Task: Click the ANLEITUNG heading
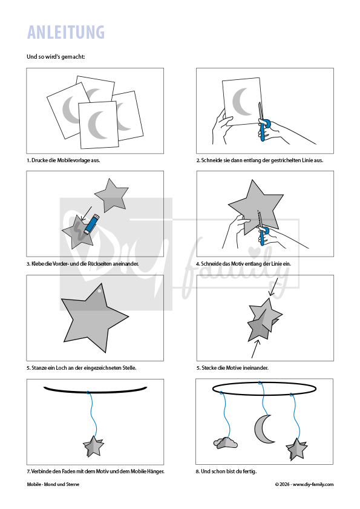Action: click(x=66, y=32)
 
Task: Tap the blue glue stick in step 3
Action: click(x=91, y=224)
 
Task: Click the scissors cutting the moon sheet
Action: click(x=263, y=122)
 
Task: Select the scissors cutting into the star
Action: click(x=263, y=229)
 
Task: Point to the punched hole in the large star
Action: click(x=100, y=291)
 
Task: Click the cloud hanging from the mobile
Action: click(x=225, y=443)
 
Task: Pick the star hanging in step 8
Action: click(x=296, y=449)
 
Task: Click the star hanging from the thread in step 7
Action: click(x=94, y=446)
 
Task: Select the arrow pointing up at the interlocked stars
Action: click(x=255, y=348)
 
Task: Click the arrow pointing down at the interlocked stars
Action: click(x=274, y=287)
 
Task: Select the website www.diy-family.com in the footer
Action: click(x=313, y=484)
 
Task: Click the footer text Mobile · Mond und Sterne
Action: click(x=53, y=484)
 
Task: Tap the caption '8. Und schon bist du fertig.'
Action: click(x=226, y=471)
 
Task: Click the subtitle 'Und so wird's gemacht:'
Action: click(x=56, y=56)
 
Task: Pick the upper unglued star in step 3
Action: click(x=112, y=195)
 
